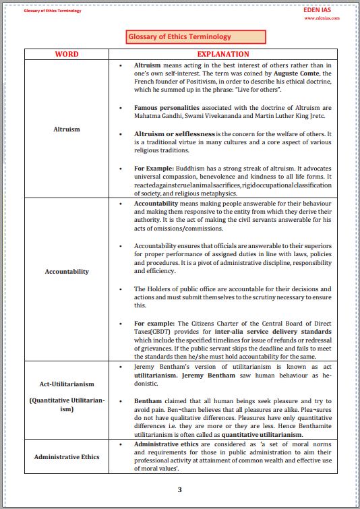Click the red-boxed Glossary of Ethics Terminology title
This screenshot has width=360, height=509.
pos(179,37)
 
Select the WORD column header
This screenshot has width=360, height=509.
pos(66,54)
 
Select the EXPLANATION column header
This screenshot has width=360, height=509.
pos(223,54)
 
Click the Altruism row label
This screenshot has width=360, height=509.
pos(66,129)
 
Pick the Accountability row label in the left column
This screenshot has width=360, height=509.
pos(66,271)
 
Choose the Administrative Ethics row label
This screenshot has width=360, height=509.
pos(66,456)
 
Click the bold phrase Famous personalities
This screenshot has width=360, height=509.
pos(167,108)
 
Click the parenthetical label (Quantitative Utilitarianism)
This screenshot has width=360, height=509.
pos(66,405)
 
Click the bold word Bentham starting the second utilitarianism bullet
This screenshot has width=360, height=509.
pos(148,400)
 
